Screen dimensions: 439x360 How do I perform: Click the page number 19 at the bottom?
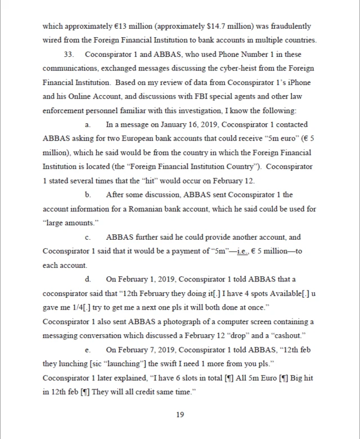[x=180, y=415]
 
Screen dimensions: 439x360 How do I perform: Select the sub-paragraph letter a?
[x=88, y=125]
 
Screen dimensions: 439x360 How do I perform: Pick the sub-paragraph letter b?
[x=88, y=195]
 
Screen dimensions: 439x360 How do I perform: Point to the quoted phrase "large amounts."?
[x=66, y=223]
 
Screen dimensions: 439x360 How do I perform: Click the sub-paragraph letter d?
[x=88, y=280]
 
